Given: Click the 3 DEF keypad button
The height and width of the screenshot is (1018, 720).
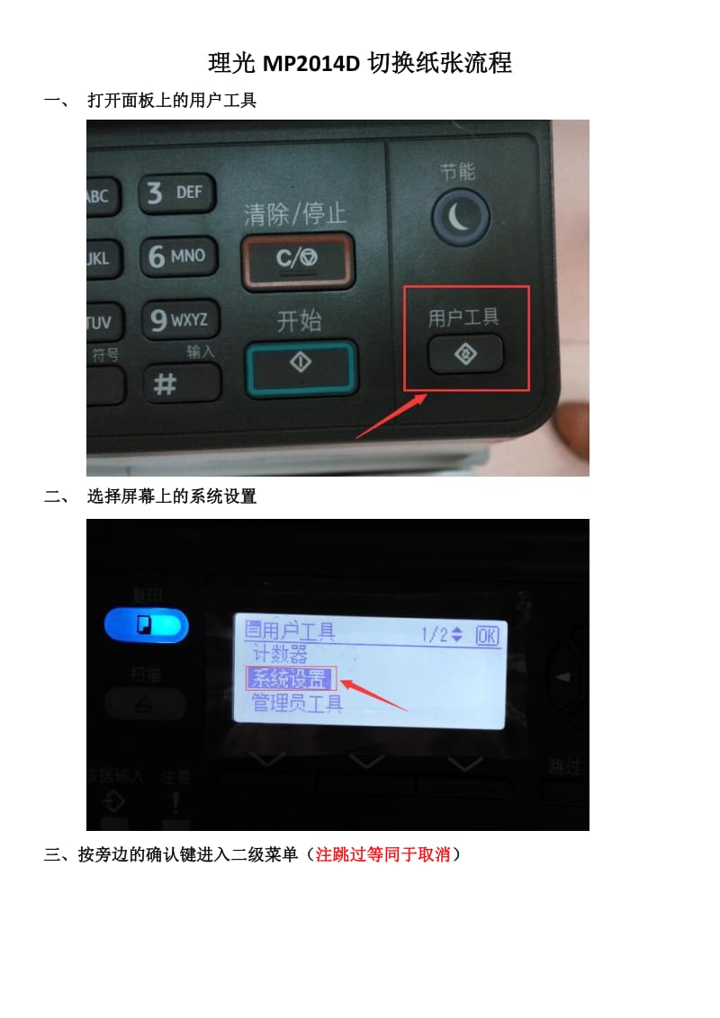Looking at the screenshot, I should tap(176, 193).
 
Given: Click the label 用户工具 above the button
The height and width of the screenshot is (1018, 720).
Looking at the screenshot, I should tap(463, 317).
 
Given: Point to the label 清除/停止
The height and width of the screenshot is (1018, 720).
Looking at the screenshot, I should tap(295, 214).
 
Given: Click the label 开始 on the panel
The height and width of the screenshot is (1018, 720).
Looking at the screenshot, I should tap(299, 320).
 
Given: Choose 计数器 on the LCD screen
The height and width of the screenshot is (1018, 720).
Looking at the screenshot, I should tap(279, 654).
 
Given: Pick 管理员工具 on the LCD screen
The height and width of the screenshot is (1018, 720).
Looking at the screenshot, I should tap(297, 702).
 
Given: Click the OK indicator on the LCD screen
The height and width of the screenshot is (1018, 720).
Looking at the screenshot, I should tap(487, 635).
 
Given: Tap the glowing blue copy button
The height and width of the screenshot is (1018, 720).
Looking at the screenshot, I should tap(146, 625).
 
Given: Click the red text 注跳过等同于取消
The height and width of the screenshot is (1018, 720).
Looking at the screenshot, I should tap(382, 855).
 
